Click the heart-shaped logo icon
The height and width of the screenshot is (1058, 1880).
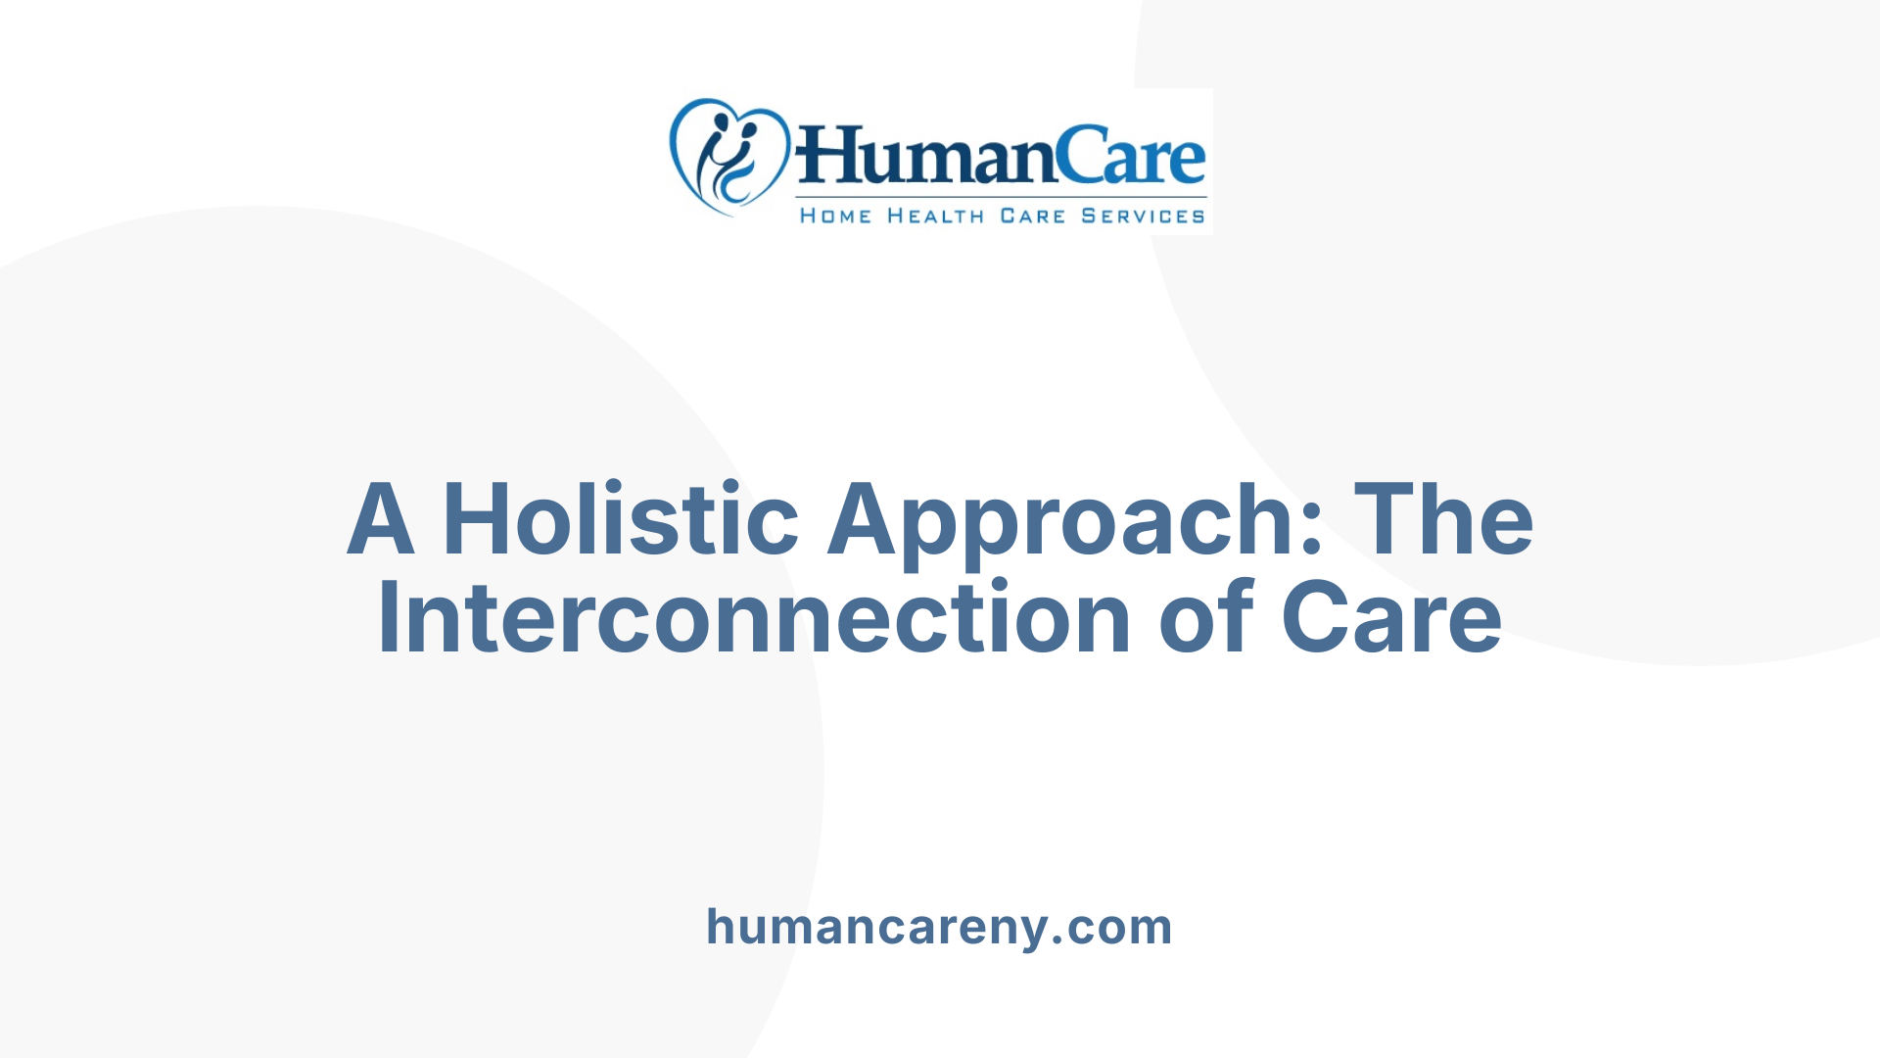pos(728,157)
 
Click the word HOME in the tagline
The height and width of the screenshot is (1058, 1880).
pos(835,216)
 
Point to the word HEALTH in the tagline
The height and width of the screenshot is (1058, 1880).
pos(936,216)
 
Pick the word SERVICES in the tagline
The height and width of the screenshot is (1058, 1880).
pos(1143,216)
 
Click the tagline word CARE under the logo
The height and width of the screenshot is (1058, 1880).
pos(1032,216)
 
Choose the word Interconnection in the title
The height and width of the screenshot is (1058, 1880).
pos(754,618)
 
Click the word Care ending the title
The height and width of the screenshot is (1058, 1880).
pos(1391,618)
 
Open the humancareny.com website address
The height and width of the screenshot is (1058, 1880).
pos(939,927)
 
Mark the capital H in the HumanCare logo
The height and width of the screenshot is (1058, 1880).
pos(827,157)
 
